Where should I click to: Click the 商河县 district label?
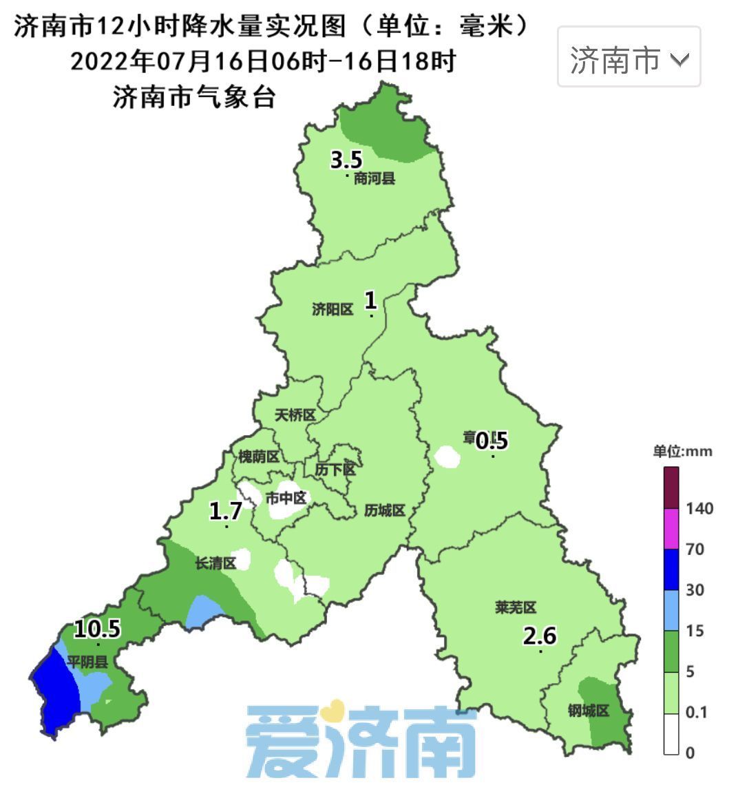click(x=374, y=179)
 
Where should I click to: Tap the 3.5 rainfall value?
click(x=346, y=160)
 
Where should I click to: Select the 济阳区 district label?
click(x=332, y=310)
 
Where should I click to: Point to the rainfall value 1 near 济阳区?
click(x=370, y=300)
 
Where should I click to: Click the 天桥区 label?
click(x=295, y=415)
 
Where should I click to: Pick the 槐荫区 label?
click(x=259, y=457)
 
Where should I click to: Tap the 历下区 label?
click(x=335, y=470)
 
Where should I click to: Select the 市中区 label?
click(x=285, y=497)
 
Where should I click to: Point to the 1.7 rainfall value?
click(x=226, y=511)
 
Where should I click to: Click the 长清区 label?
click(x=215, y=563)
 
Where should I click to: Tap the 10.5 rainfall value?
click(x=98, y=628)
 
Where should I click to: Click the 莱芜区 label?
click(x=515, y=607)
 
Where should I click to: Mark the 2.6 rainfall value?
click(x=540, y=636)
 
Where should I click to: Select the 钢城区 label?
click(x=589, y=711)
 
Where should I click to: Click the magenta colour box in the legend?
click(x=671, y=528)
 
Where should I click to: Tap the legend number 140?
click(x=699, y=509)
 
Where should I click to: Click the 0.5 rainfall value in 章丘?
click(x=493, y=439)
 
